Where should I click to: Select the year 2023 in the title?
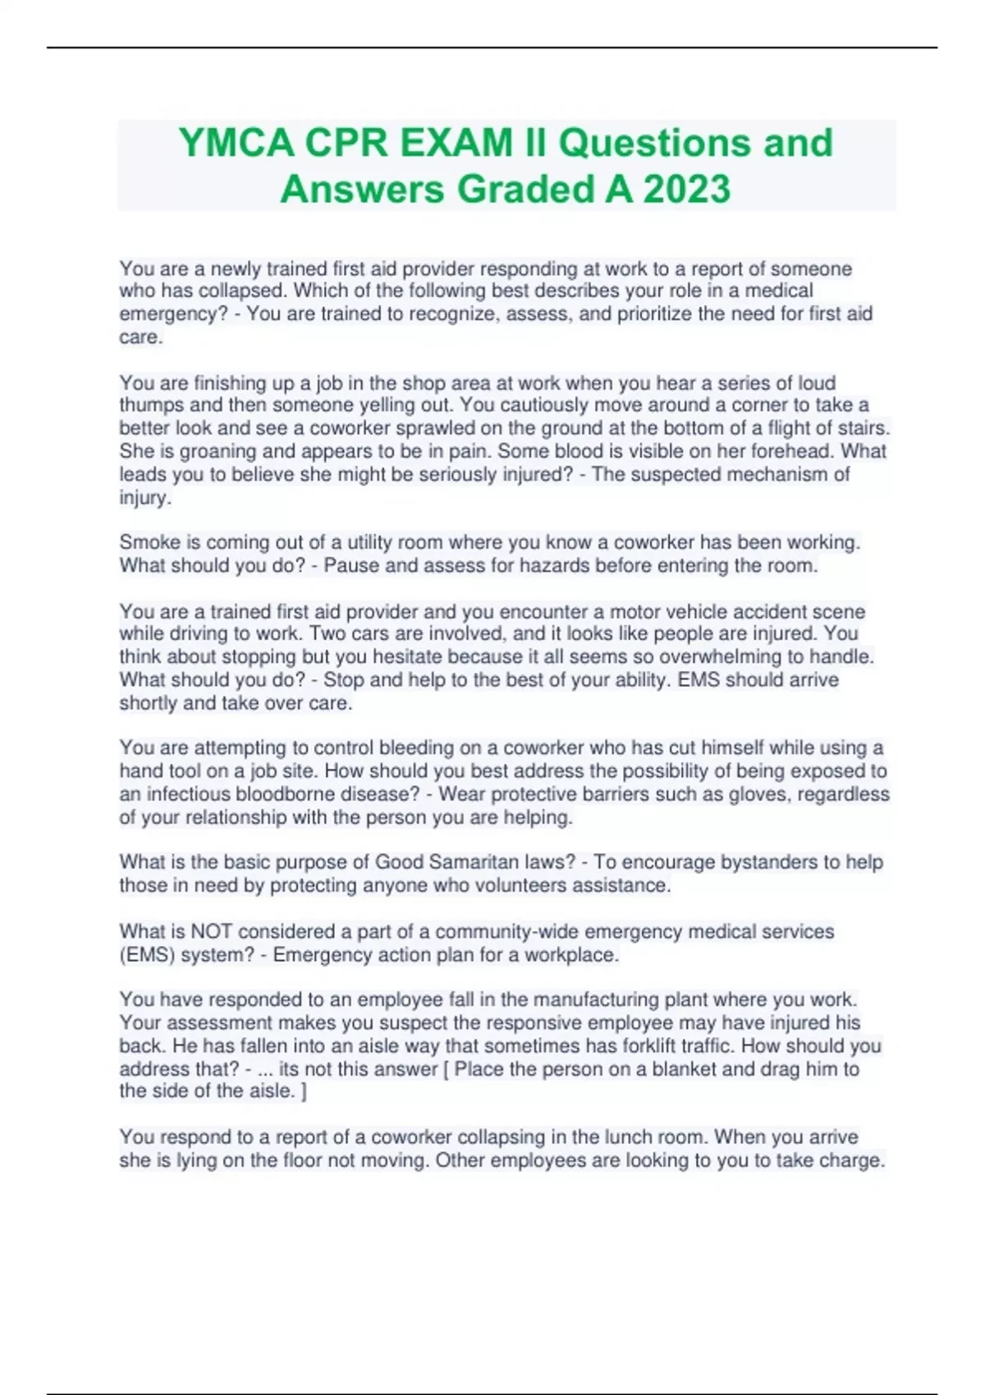[x=687, y=189]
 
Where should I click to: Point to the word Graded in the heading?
[x=525, y=189]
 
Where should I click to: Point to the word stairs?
[x=864, y=428]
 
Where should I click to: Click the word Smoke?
[x=146, y=542]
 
